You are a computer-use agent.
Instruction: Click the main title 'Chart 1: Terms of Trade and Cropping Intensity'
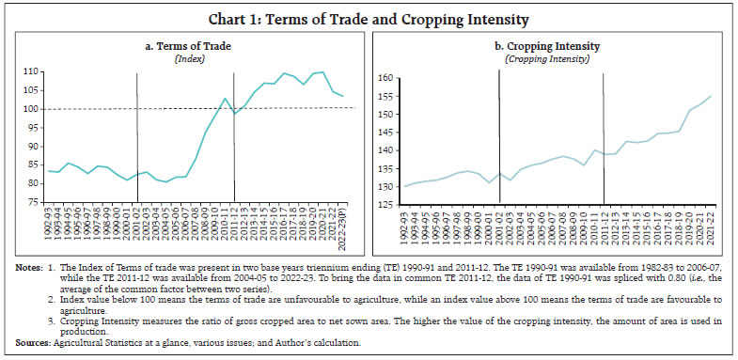point(369,16)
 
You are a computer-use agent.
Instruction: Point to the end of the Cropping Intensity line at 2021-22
point(710,96)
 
